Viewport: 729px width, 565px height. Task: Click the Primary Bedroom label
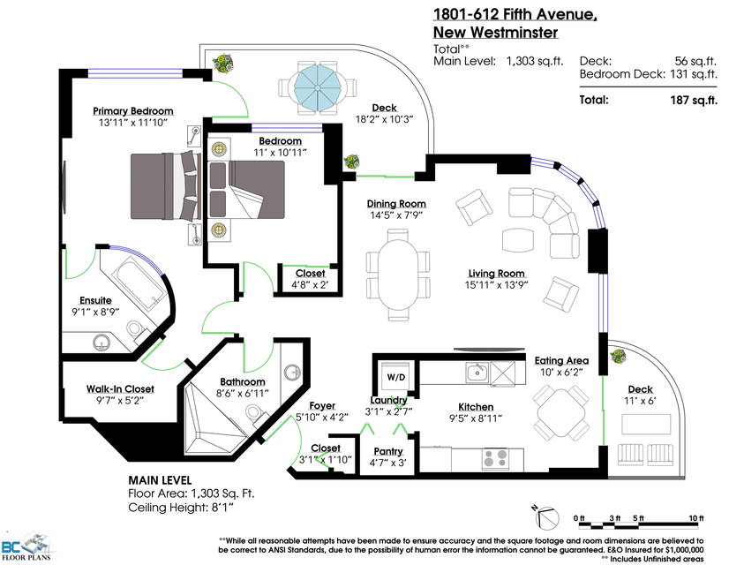133,110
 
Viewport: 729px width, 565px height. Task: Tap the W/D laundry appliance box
395,377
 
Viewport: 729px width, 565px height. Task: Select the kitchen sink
477,372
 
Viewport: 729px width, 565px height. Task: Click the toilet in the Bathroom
256,413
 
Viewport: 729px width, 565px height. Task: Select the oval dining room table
397,275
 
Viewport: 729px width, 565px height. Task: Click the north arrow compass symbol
545,517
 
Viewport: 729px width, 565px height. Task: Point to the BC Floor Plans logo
27,547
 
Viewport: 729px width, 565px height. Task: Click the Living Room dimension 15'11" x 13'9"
496,285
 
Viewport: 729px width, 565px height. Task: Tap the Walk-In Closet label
120,388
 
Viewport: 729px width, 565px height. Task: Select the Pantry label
388,451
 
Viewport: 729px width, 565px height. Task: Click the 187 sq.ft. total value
694,100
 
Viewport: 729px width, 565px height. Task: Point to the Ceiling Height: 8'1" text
180,508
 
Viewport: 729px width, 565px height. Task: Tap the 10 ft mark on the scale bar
696,518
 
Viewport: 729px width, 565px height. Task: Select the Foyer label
322,405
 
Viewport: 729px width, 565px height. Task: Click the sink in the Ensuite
101,343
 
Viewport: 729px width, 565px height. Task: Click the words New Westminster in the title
496,33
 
